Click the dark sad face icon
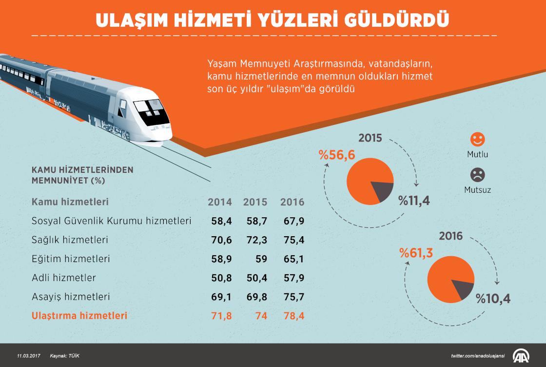(x=477, y=175)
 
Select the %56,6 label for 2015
(x=337, y=155)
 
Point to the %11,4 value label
(x=414, y=201)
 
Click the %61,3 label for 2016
(x=416, y=252)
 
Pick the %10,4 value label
(x=493, y=298)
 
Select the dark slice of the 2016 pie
(x=463, y=290)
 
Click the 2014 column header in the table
(x=220, y=202)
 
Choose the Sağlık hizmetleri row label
(x=70, y=240)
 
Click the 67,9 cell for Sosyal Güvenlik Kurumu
(x=294, y=221)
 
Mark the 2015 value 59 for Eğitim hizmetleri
(x=262, y=259)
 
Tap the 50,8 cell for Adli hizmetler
(x=222, y=278)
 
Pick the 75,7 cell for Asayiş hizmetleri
(x=294, y=297)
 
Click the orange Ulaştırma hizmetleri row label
(x=79, y=316)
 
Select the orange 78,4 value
(x=294, y=316)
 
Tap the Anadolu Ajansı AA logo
(x=524, y=355)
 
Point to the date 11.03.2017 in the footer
(x=28, y=355)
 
